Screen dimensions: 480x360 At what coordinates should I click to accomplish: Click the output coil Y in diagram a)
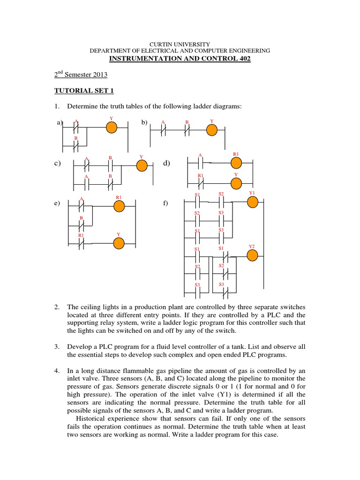(x=111, y=127)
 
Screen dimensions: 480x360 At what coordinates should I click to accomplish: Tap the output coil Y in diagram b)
(x=212, y=130)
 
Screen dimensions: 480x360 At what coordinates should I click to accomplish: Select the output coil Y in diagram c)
(x=142, y=165)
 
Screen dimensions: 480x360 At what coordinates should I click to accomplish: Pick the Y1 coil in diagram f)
(x=253, y=202)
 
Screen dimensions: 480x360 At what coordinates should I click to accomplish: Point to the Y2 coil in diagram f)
(x=252, y=255)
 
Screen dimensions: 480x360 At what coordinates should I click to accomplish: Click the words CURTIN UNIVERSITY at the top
(x=180, y=43)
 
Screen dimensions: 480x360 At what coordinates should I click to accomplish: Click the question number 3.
(x=56, y=346)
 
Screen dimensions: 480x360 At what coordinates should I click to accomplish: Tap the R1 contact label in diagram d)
(x=201, y=176)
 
